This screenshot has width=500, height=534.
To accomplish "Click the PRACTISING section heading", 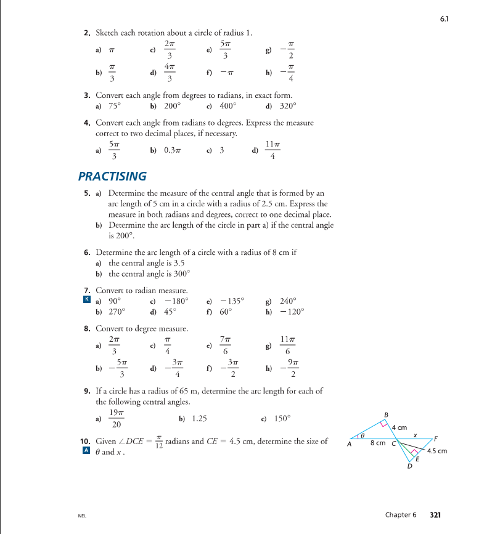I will [x=112, y=177].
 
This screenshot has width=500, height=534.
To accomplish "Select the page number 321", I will [x=435, y=514].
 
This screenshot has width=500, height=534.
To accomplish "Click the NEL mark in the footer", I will [x=82, y=515].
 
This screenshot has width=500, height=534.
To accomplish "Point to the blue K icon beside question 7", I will [x=86, y=301].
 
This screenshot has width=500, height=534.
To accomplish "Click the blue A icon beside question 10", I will [x=86, y=451].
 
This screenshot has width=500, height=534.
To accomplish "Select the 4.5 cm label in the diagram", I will [x=436, y=451].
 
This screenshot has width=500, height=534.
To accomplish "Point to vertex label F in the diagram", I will [x=436, y=438].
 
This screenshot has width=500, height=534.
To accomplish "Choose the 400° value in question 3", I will [x=229, y=105].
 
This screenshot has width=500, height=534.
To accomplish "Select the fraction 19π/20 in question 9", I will [x=115, y=419].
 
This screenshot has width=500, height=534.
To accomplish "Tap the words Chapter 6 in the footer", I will [x=401, y=514].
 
